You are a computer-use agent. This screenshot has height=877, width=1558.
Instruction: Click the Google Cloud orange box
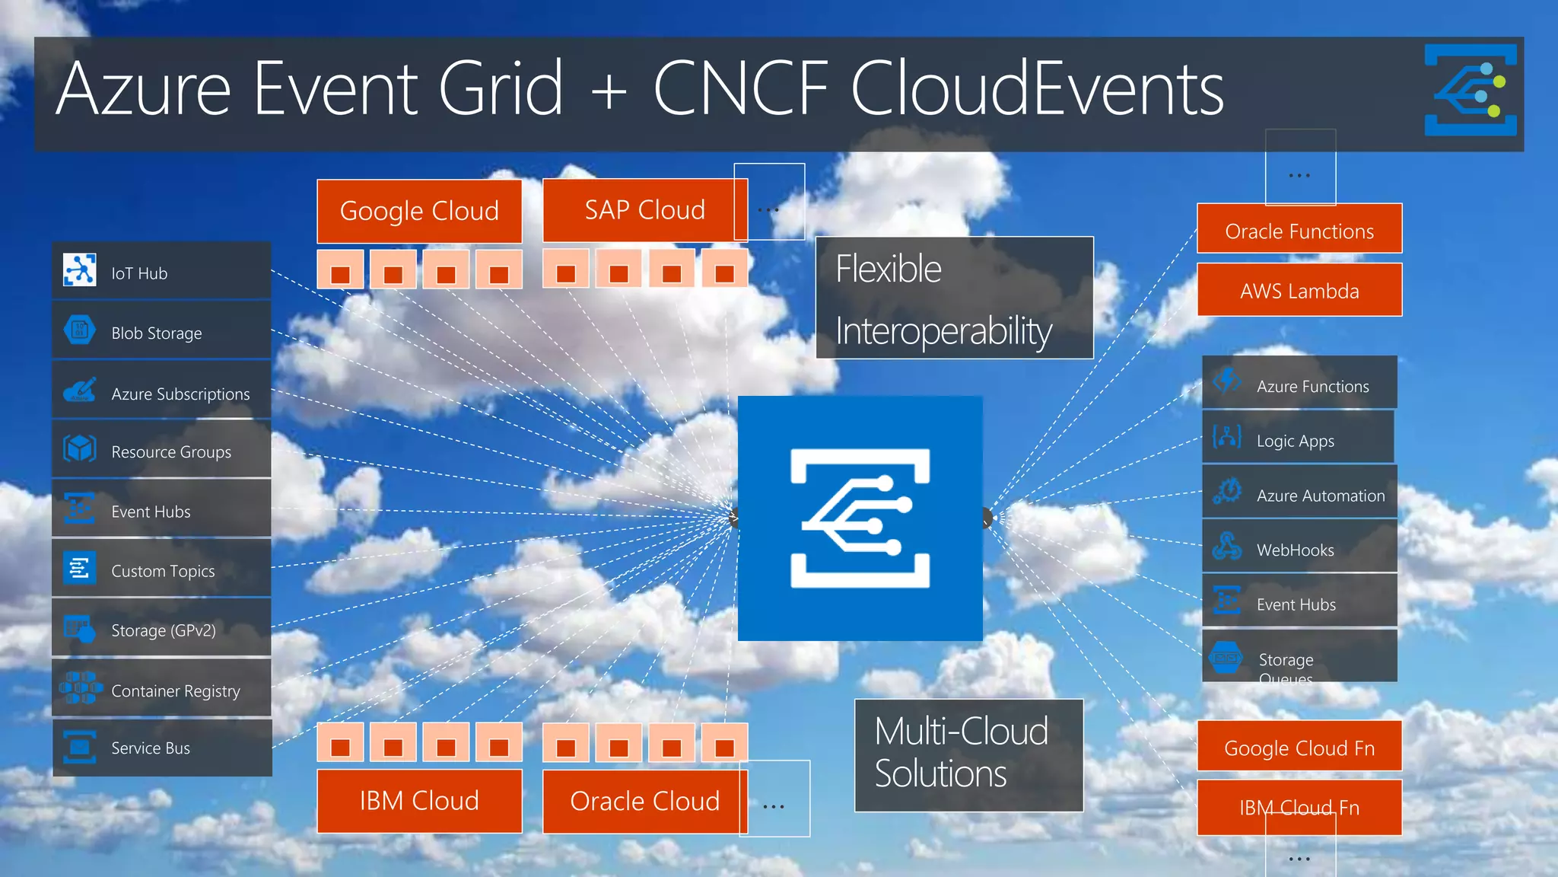tap(419, 211)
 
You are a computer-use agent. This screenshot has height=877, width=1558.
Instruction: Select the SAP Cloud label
tap(644, 210)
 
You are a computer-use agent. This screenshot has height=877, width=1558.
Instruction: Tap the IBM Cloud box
tap(419, 801)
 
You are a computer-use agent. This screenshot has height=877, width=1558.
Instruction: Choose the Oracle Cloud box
tap(644, 801)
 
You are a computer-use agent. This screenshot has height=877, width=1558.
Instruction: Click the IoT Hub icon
tap(79, 270)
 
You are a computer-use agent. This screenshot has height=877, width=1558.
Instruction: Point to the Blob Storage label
tap(157, 333)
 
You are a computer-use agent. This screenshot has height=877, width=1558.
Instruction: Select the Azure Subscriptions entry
tap(180, 394)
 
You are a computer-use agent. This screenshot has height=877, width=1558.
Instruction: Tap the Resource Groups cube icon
tap(79, 449)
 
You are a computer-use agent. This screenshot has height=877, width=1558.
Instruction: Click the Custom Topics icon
tap(79, 568)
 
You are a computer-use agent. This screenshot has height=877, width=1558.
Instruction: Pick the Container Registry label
tap(176, 690)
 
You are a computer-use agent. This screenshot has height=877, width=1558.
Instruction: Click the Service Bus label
tap(151, 748)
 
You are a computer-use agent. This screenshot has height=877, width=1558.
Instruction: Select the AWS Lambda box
tap(1299, 290)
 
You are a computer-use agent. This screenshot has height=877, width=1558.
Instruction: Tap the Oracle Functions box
tap(1299, 231)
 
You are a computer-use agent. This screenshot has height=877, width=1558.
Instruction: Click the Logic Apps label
tap(1296, 441)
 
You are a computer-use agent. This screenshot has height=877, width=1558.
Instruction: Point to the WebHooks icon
tap(1227, 547)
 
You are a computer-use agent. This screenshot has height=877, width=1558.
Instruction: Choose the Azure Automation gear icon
tap(1227, 492)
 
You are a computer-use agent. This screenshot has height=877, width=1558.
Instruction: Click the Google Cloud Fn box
tap(1299, 748)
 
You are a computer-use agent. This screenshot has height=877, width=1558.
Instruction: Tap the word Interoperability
tap(943, 331)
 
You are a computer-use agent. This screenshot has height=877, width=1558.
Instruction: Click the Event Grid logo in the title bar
tap(1470, 90)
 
